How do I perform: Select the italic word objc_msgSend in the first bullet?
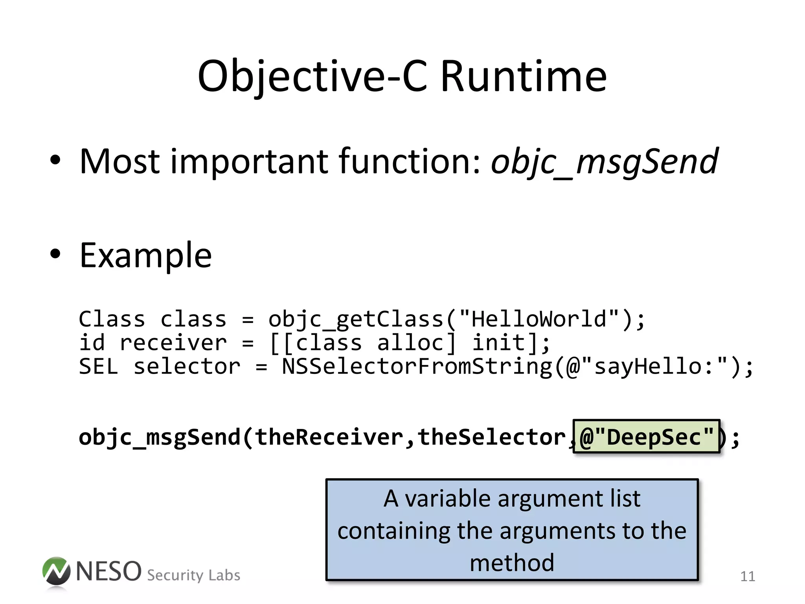[605, 161]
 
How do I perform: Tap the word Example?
[146, 256]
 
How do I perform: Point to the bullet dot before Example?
[55, 254]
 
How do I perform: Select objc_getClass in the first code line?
[356, 319]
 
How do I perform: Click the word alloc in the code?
[416, 343]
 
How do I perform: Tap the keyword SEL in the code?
[98, 366]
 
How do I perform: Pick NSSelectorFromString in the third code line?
[417, 366]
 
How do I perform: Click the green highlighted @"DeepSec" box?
[647, 436]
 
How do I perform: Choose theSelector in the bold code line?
[491, 437]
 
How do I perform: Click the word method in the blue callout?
[512, 563]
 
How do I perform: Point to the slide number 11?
[747, 576]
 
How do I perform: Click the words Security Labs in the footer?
[193, 575]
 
